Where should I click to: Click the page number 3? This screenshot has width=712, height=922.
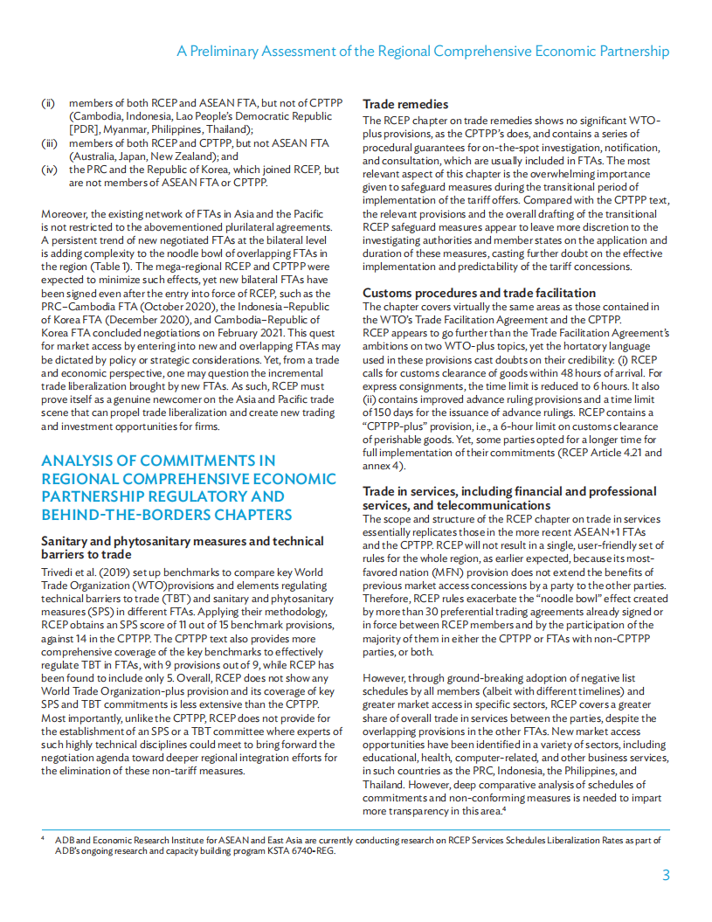665,875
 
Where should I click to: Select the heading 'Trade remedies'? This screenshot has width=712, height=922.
405,104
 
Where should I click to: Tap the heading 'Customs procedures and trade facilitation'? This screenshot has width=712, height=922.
479,293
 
